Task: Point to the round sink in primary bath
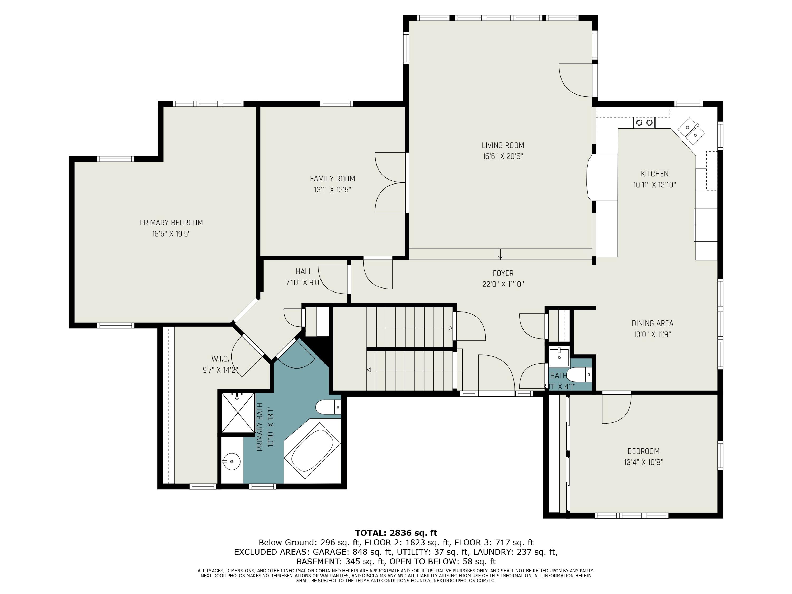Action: pyautogui.click(x=232, y=462)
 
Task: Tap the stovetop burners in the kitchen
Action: pyautogui.click(x=644, y=123)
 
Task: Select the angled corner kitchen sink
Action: pyautogui.click(x=691, y=131)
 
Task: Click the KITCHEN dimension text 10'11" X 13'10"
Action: pyautogui.click(x=654, y=185)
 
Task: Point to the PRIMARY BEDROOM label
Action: pyautogui.click(x=171, y=223)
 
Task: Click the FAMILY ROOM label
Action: pyautogui.click(x=333, y=179)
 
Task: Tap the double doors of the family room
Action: pyautogui.click(x=391, y=183)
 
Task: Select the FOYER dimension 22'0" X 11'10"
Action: pyautogui.click(x=503, y=284)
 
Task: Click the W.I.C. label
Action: pyautogui.click(x=220, y=359)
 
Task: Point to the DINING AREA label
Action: pyautogui.click(x=652, y=323)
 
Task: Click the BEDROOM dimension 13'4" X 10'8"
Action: pyautogui.click(x=643, y=462)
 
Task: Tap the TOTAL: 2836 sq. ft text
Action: pyautogui.click(x=396, y=533)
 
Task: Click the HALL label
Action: pyautogui.click(x=304, y=271)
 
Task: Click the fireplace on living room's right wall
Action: pyautogui.click(x=602, y=178)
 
